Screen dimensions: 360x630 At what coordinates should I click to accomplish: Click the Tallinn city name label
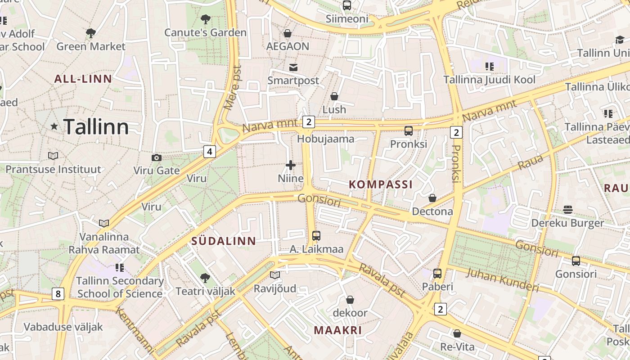(x=96, y=127)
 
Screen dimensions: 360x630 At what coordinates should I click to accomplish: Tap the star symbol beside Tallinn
(x=54, y=126)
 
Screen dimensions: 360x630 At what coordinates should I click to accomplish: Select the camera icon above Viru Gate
(x=157, y=157)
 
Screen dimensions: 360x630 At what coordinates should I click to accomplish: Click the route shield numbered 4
(x=209, y=151)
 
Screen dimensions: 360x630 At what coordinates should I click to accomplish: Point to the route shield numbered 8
(x=58, y=294)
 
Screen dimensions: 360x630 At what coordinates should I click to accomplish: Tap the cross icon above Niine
(x=291, y=165)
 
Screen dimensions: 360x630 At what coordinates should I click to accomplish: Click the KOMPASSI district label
(x=381, y=184)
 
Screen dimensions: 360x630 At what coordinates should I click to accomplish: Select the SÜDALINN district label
(x=224, y=241)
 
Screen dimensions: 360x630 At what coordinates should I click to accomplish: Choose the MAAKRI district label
(x=338, y=330)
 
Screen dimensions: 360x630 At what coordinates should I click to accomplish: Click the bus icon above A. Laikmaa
(x=316, y=235)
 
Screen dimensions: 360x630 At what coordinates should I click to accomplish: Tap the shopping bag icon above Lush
(x=334, y=96)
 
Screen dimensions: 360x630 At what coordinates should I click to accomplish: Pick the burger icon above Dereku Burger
(x=568, y=210)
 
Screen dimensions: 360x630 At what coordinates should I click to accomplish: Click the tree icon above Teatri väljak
(x=205, y=278)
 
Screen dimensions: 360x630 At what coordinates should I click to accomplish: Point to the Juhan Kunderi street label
(x=502, y=280)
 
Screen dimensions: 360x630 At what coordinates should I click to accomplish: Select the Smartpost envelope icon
(x=293, y=67)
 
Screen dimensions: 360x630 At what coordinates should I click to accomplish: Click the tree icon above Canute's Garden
(x=206, y=19)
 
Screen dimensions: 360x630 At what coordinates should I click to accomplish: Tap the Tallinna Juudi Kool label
(x=490, y=80)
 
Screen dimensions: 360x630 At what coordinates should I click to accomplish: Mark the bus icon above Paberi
(x=437, y=273)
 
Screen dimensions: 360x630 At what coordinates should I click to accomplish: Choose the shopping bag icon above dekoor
(x=350, y=299)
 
